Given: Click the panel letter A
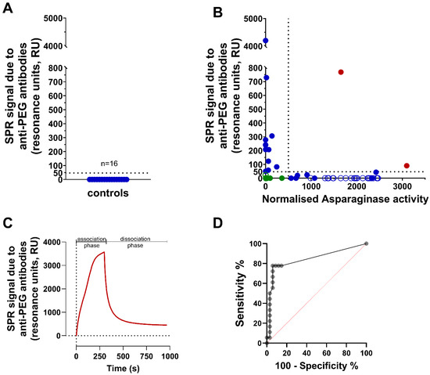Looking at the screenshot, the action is (8, 9).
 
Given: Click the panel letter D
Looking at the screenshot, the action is (218, 223).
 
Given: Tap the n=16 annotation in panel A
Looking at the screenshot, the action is (109, 164).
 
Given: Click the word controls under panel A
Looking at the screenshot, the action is (108, 193).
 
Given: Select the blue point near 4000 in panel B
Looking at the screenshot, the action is (266, 41).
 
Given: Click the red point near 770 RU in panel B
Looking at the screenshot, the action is (341, 72).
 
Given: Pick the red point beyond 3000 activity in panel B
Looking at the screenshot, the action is (407, 166).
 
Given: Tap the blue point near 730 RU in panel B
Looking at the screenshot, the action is (267, 78).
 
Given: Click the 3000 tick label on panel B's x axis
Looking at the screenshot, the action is (402, 187).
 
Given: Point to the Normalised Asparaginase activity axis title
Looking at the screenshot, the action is (345, 199).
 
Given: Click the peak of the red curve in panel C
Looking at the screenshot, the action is (104, 252).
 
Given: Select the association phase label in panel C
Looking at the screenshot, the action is (91, 242).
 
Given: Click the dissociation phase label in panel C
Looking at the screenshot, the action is (135, 242).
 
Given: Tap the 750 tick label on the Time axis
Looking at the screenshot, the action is (146, 356).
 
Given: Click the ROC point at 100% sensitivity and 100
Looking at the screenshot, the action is (366, 243).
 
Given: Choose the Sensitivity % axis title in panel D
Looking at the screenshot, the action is (240, 293).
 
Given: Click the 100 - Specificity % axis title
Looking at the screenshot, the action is (317, 366).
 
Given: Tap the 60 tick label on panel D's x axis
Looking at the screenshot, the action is (327, 353).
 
